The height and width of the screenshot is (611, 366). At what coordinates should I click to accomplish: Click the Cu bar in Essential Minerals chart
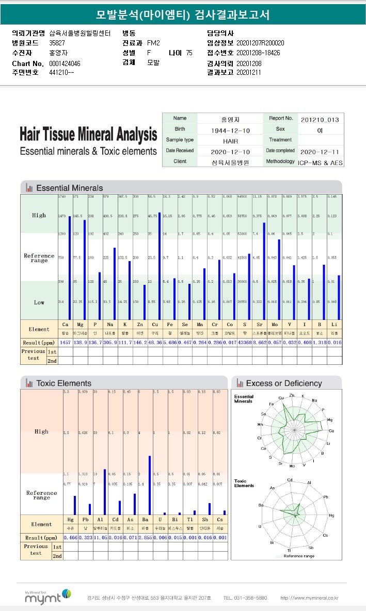tap(159, 266)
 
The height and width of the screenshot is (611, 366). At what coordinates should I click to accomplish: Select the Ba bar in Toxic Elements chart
tap(150, 485)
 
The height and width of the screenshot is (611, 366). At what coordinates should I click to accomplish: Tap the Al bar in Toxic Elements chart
tap(105, 492)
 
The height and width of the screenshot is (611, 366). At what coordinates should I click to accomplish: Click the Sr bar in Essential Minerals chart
tap(264, 271)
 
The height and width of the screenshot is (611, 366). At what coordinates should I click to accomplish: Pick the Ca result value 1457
tap(66, 342)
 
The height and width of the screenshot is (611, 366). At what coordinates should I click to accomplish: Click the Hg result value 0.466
tap(71, 537)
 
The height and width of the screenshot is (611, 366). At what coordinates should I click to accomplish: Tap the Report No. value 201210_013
tap(320, 119)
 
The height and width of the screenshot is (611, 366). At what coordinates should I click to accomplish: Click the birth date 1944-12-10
tap(230, 130)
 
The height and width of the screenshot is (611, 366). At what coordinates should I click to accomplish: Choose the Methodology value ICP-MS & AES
tap(320, 162)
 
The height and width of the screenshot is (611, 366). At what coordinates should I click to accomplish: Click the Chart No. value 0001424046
tap(65, 63)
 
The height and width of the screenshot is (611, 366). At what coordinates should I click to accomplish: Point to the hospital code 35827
tap(57, 43)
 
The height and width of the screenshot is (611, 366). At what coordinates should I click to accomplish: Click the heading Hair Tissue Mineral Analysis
tap(88, 135)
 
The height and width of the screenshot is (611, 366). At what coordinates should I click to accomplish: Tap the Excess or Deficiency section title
tap(283, 383)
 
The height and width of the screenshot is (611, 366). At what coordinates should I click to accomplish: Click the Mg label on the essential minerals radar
tap(330, 420)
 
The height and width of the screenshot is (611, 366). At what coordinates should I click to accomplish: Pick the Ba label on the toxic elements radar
tap(261, 505)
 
